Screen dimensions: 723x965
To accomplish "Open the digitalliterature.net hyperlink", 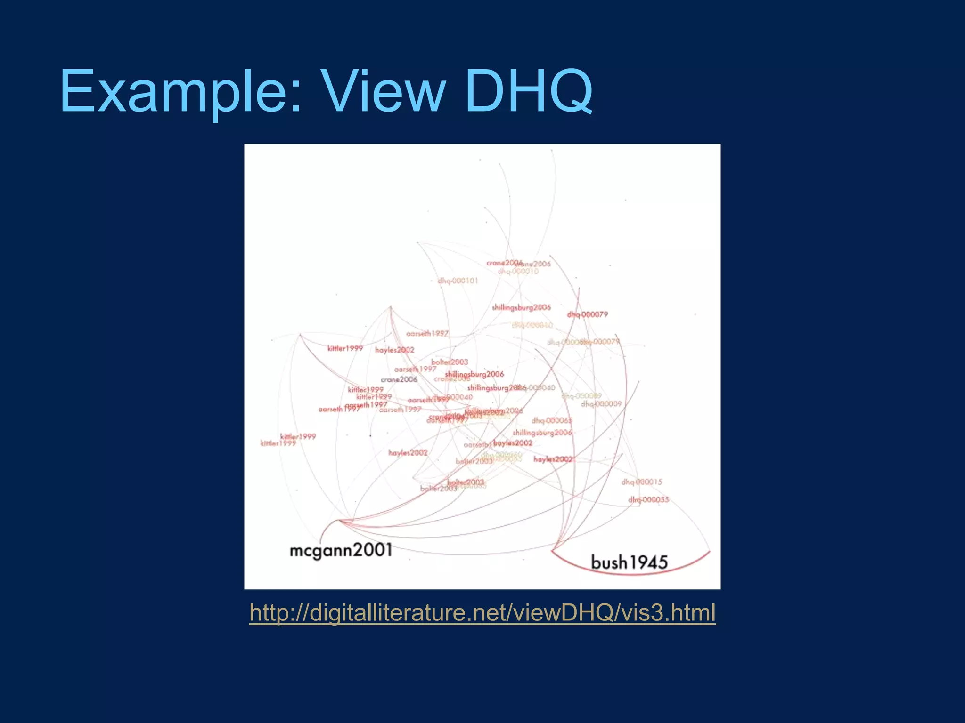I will tap(482, 613).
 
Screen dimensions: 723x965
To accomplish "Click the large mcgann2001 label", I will tap(341, 550).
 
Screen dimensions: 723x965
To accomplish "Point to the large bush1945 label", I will tap(629, 562).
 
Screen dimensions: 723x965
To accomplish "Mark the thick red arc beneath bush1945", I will tap(631, 574).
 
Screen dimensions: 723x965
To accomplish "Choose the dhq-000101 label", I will tap(458, 281).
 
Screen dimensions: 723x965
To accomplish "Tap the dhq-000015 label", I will tap(642, 482).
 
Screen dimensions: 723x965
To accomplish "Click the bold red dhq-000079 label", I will tap(588, 314).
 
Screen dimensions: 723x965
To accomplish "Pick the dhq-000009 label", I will tap(601, 404).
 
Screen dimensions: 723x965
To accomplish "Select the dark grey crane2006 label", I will tap(399, 379).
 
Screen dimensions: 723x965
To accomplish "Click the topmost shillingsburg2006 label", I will tap(521, 308).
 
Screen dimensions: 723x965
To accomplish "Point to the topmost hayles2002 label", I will tap(394, 350).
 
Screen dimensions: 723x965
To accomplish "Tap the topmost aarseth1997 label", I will tap(427, 334).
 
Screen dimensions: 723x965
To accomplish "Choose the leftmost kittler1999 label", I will tap(278, 443).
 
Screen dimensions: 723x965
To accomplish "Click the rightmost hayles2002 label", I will tap(553, 459).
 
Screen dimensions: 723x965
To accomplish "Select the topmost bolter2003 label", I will tap(450, 362).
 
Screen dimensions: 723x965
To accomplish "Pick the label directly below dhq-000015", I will tap(648, 499).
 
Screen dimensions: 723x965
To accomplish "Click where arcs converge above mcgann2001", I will tap(340, 521).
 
